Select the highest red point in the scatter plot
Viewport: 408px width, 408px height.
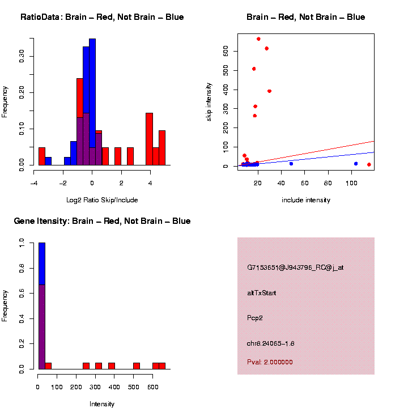coord(258,39)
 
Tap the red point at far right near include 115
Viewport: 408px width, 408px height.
coord(369,164)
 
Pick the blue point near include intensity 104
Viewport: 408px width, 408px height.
coord(356,164)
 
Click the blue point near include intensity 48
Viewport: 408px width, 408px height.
coord(291,164)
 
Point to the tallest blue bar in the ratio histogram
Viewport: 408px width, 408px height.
coord(92,102)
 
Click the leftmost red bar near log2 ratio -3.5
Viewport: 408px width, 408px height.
coord(42,156)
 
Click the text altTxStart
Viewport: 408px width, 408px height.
coord(262,293)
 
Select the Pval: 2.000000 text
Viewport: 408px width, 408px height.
coord(270,362)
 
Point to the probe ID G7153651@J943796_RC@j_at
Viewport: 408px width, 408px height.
coord(295,267)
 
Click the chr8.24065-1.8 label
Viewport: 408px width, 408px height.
coord(271,343)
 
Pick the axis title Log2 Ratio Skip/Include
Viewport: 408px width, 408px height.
coord(102,200)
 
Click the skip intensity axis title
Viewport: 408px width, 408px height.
coord(209,101)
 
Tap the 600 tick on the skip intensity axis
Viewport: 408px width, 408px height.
coord(226,52)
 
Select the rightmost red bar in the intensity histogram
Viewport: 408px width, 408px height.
coord(162,365)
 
